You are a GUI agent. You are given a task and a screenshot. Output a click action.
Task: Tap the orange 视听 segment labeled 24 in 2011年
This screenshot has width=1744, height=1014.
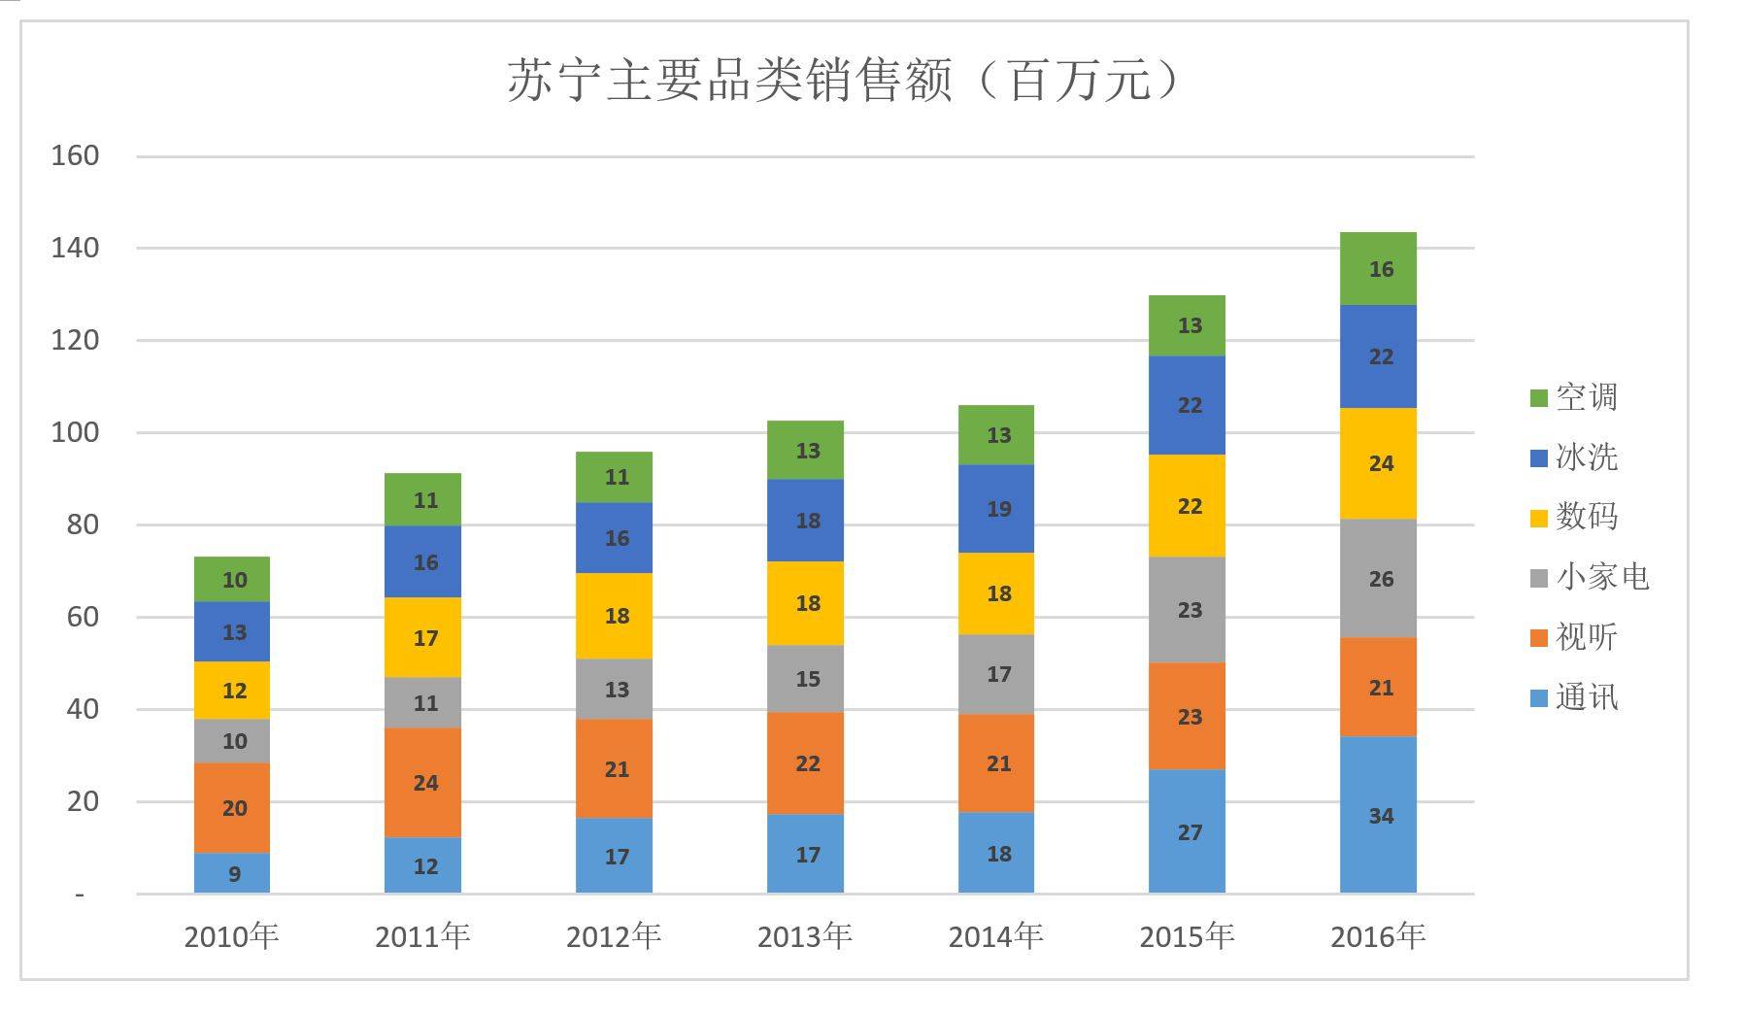point(422,782)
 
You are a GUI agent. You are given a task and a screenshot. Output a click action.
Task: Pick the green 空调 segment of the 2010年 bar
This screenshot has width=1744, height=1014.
point(232,579)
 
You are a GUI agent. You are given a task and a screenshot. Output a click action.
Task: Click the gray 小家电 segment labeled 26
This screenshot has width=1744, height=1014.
point(1378,578)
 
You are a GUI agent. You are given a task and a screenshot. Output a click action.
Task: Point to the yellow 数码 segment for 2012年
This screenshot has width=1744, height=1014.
point(614,615)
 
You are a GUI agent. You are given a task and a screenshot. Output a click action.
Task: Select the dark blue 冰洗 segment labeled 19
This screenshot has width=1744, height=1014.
point(996,508)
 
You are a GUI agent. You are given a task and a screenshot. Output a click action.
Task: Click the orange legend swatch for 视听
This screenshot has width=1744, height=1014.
point(1538,638)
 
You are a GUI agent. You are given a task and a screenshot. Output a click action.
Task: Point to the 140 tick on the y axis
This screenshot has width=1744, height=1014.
point(75,248)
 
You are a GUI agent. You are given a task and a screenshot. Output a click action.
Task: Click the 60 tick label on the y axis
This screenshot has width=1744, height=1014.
point(83,617)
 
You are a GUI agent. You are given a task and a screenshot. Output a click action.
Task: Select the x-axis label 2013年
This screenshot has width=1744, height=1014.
point(804,936)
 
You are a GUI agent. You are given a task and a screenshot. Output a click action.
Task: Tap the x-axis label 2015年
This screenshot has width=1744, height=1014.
point(1187,936)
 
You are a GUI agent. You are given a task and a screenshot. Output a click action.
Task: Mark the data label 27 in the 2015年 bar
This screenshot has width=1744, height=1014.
point(1190,832)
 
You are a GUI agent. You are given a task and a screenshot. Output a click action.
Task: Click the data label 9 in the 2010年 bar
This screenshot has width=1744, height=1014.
point(234,874)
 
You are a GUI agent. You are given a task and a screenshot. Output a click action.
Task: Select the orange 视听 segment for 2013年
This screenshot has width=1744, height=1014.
point(805,762)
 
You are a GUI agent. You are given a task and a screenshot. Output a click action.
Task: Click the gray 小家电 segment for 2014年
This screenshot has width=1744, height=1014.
point(996,673)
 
